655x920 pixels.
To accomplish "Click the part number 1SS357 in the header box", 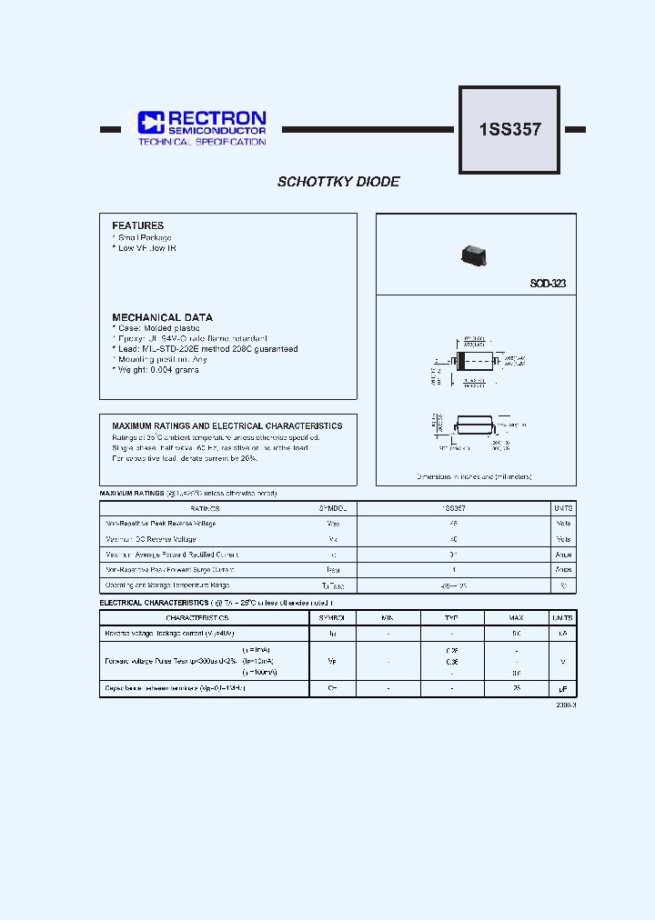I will point(509,130).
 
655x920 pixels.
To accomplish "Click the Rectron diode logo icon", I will point(150,123).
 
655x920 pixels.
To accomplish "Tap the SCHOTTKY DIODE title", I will point(338,182).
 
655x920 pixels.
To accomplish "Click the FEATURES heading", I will point(137,225).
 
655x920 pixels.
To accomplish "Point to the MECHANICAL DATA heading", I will point(162,317).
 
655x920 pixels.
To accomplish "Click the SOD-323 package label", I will point(548,284).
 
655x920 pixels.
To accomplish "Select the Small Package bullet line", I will point(143,237).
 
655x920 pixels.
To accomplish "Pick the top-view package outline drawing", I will point(473,360).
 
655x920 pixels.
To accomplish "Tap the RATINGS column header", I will point(205,509).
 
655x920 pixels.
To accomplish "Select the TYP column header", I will point(451,618).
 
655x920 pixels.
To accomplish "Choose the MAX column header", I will point(516,618).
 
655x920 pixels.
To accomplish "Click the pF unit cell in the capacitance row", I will point(562,689).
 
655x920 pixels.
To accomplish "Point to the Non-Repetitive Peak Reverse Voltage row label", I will point(161,524).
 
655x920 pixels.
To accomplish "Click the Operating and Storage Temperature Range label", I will point(167,585).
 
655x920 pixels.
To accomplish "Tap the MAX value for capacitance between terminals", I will point(516,689).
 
